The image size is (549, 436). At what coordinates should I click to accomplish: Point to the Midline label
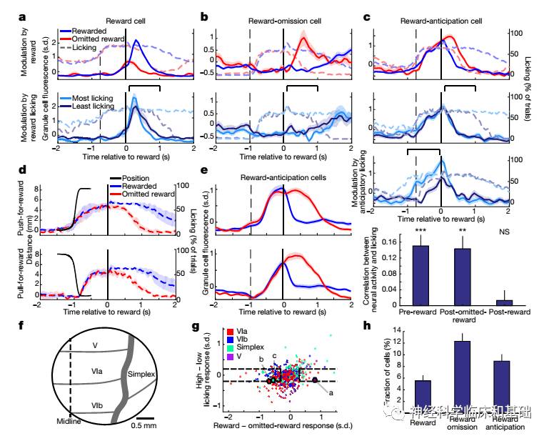coord(71,422)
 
